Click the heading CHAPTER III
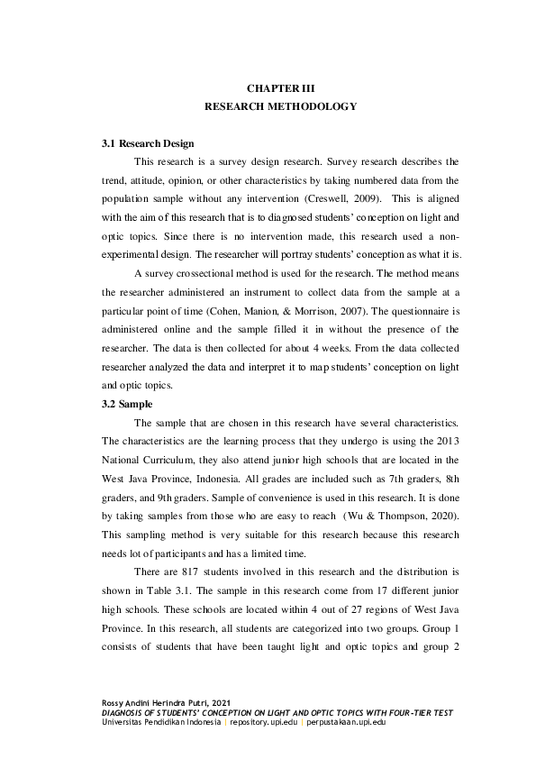click(x=281, y=87)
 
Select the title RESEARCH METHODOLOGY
click(x=281, y=106)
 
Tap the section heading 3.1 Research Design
click(x=148, y=143)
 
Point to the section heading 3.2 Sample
click(x=127, y=404)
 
